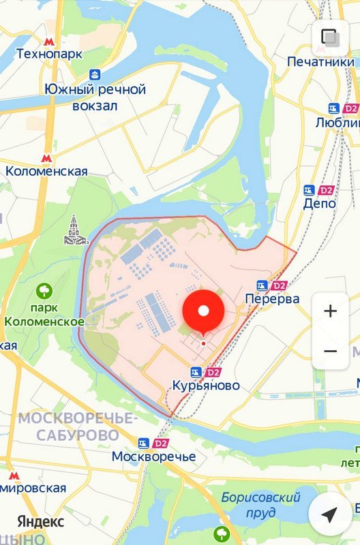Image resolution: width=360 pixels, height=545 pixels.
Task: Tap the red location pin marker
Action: pyautogui.click(x=203, y=312)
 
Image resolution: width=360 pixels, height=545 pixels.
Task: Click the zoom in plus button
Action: pyautogui.click(x=331, y=311)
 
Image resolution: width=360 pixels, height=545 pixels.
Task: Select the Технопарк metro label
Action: pyautogui.click(x=49, y=53)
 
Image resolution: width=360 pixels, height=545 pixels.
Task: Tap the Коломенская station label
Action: pyautogui.click(x=46, y=171)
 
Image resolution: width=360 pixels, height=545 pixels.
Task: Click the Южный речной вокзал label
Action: pyautogui.click(x=95, y=97)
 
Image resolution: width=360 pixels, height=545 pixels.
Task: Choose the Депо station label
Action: pyautogui.click(x=319, y=203)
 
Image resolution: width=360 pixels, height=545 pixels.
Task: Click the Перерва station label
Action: pyautogui.click(x=272, y=298)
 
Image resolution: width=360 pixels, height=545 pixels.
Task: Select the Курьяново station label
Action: pyautogui.click(x=206, y=386)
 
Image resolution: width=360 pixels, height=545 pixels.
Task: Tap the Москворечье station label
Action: pyautogui.click(x=153, y=456)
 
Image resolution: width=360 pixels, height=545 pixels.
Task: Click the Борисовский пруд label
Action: pyautogui.click(x=260, y=504)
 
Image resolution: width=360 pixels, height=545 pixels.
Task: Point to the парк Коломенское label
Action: pyautogui.click(x=44, y=315)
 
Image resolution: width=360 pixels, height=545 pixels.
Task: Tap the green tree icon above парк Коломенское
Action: pyautogui.click(x=45, y=292)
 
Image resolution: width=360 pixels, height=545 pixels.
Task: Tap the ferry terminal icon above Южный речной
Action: pyautogui.click(x=95, y=74)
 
